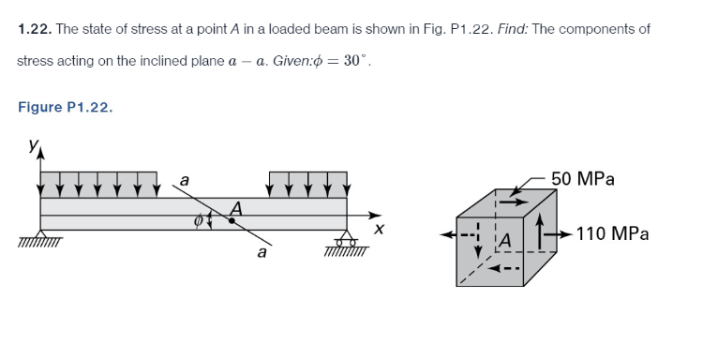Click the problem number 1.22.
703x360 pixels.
(x=34, y=29)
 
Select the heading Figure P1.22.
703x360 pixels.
(x=65, y=107)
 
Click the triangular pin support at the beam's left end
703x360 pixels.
(x=40, y=235)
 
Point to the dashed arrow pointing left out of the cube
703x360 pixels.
(x=460, y=234)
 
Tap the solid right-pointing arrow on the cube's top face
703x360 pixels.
(x=510, y=200)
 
